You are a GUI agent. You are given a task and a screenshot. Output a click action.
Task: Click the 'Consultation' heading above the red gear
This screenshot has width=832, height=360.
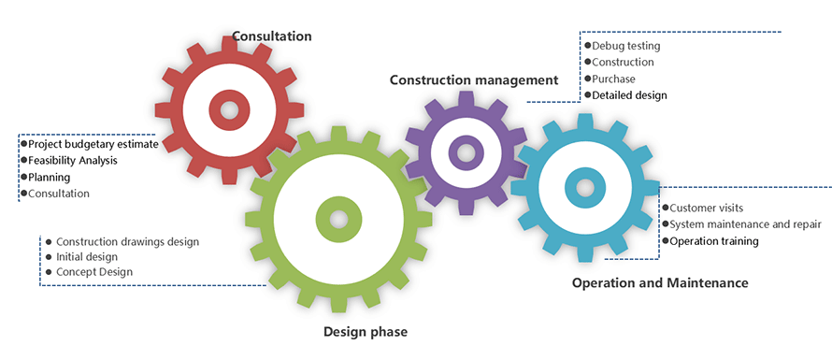[272, 36]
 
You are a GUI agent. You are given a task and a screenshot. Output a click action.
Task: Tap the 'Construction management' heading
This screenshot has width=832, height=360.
[474, 79]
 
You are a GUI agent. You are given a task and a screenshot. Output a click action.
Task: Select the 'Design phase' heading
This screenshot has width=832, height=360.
[366, 332]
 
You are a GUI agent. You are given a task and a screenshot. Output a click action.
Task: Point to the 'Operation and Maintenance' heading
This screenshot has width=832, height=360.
[660, 282]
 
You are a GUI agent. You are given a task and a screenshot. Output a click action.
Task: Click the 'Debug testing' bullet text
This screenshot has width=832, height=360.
[626, 46]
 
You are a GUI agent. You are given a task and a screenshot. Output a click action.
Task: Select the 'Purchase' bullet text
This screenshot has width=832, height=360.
[613, 79]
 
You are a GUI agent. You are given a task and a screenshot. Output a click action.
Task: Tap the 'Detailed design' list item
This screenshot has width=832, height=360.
[629, 95]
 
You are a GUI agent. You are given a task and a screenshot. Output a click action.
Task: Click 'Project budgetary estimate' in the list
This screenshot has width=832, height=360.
[93, 144]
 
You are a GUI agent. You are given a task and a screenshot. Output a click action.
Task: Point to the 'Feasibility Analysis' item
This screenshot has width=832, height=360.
[73, 160]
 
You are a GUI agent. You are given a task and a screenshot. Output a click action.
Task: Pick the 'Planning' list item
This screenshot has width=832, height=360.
[49, 178]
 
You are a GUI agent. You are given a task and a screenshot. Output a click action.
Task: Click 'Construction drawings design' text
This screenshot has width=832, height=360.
[127, 241]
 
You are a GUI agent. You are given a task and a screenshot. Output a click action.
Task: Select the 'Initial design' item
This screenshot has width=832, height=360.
[87, 256]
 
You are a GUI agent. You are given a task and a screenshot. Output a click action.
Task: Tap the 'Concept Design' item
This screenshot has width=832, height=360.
[94, 272]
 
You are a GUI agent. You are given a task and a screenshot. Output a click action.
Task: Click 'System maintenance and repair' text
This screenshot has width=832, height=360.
[745, 224]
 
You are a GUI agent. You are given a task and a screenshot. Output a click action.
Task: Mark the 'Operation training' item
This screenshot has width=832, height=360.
[714, 241]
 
